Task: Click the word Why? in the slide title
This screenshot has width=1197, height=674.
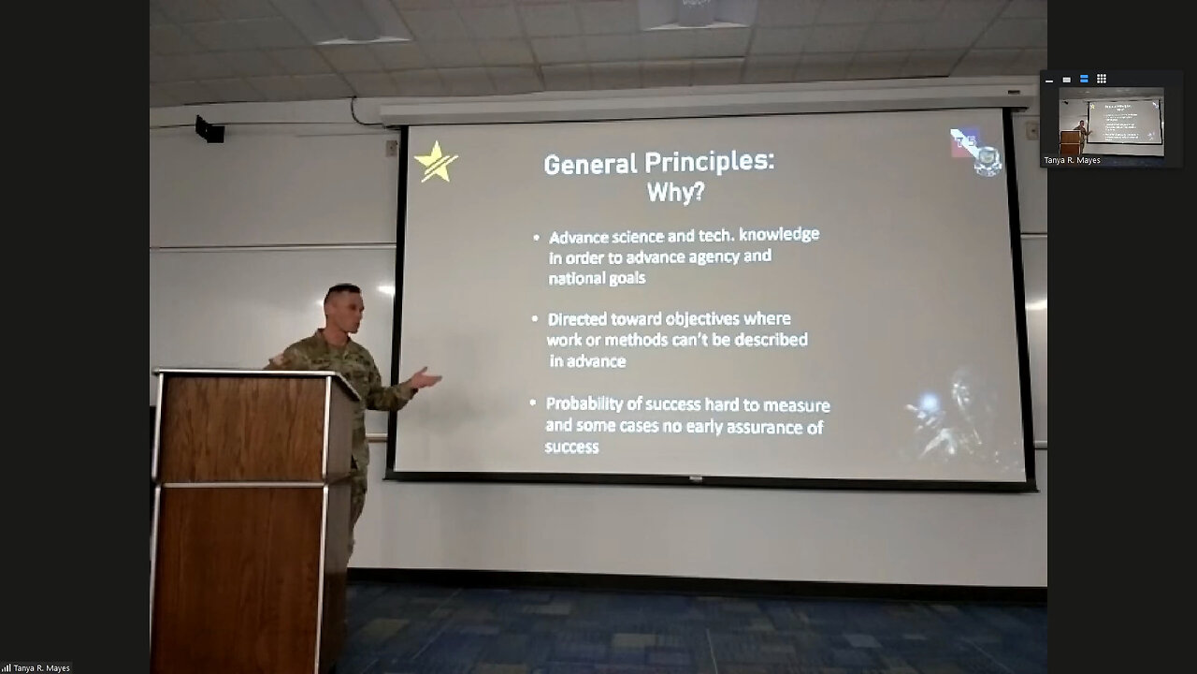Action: (x=675, y=194)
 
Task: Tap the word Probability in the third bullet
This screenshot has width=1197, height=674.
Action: (x=590, y=404)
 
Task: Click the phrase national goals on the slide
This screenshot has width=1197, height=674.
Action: (x=597, y=278)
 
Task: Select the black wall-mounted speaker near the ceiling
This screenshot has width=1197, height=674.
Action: (x=209, y=129)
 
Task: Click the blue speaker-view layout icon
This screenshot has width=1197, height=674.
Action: (x=1084, y=80)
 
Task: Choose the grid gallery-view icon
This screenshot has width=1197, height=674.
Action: (x=1102, y=80)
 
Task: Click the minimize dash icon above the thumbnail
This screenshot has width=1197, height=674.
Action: (x=1049, y=81)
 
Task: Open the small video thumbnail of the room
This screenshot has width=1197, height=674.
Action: (x=1111, y=122)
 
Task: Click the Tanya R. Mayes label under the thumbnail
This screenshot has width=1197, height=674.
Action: (x=1072, y=161)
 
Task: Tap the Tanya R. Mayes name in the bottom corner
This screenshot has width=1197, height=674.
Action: (x=42, y=668)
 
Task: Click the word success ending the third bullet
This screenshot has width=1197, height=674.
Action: (x=571, y=447)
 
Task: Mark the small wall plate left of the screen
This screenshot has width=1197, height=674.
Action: (x=391, y=148)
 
